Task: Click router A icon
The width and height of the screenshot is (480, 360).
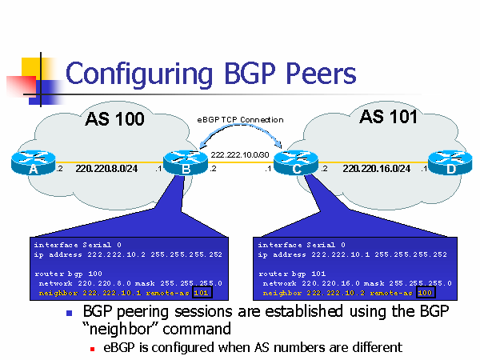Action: [34, 162]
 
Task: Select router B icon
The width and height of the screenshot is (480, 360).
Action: [186, 162]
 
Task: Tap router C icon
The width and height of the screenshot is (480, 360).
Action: [296, 162]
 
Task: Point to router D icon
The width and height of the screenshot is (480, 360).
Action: [450, 162]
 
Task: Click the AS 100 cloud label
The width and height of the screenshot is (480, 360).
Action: [114, 119]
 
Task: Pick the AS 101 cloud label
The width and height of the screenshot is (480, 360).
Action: [389, 117]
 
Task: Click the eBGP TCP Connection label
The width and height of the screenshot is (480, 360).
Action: [240, 120]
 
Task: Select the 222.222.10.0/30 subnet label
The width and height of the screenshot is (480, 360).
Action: [240, 155]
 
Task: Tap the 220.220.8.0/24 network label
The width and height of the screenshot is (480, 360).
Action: [106, 168]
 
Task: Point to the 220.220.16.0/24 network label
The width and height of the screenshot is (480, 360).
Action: [376, 168]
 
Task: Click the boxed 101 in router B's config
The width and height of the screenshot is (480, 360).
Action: [202, 293]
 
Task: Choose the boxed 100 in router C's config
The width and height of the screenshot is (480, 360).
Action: [426, 293]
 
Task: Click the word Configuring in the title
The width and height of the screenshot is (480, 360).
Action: [139, 74]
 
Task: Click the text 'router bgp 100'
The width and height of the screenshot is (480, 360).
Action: [68, 274]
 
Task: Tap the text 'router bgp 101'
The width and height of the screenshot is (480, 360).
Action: [292, 274]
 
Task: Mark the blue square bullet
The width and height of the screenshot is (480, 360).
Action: [69, 313]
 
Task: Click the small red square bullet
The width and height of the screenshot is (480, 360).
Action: [93, 349]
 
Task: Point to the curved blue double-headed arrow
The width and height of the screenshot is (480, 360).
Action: [241, 125]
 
